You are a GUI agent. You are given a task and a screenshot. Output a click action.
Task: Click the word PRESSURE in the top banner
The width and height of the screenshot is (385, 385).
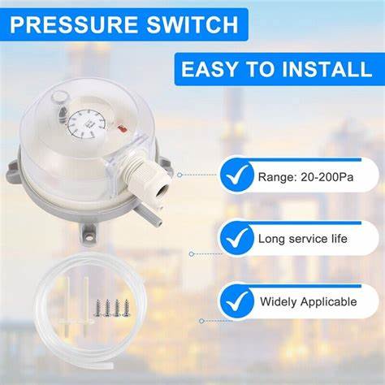(75, 24)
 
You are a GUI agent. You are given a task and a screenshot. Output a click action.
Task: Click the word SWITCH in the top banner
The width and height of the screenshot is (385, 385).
(192, 24)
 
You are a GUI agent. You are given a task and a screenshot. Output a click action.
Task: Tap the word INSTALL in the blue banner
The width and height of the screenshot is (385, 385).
(327, 69)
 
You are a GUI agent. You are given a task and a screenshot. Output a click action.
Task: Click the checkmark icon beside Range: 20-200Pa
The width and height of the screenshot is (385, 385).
(237, 175)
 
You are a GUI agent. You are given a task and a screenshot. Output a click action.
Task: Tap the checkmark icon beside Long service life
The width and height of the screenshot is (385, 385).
(237, 238)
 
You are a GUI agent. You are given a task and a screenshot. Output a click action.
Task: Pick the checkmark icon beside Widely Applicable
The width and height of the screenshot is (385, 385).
(237, 301)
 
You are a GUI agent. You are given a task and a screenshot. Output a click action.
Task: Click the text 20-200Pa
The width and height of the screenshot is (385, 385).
(327, 177)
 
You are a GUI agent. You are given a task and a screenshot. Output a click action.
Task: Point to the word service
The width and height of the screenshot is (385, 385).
(308, 239)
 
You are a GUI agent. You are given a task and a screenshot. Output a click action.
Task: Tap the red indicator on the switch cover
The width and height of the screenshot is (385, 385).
(122, 129)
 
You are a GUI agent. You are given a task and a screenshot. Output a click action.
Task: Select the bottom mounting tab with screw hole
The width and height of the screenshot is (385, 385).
(87, 234)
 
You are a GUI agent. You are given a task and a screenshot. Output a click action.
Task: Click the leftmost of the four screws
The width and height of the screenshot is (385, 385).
(98, 308)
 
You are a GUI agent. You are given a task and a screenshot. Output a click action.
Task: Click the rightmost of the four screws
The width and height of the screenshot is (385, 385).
(126, 308)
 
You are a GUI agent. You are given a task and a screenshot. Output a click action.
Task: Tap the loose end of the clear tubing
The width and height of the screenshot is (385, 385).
(110, 366)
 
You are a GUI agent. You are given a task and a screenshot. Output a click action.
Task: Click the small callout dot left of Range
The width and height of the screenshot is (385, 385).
(180, 175)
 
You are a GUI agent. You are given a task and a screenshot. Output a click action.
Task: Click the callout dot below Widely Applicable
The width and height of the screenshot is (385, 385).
(201, 321)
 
